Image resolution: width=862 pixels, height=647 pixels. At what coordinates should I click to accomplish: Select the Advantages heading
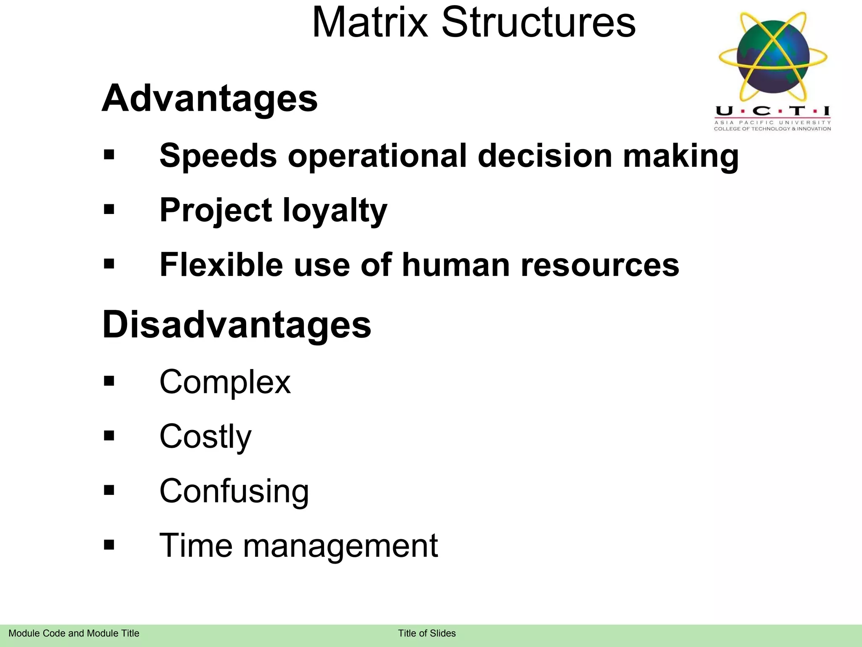210,99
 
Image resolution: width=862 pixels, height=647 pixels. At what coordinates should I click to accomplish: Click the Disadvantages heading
237,325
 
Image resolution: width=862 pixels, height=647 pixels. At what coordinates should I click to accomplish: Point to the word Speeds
218,156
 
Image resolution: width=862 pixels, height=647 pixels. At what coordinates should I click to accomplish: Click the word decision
545,156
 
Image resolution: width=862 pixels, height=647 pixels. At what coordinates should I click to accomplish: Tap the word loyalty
335,211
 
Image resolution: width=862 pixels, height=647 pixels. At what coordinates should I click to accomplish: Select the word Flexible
221,265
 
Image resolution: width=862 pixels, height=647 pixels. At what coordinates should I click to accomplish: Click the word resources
600,265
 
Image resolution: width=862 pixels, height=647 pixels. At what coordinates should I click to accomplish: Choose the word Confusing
234,491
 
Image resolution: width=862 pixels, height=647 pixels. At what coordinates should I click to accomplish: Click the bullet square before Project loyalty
109,209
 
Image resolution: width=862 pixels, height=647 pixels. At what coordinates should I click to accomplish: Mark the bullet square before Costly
109,435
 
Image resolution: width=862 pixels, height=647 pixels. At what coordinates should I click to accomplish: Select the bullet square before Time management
109,545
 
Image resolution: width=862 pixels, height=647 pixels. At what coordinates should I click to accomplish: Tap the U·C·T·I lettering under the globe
773,111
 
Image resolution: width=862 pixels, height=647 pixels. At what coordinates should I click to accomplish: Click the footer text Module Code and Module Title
74,633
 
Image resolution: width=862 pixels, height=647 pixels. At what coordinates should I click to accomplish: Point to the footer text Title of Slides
427,633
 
